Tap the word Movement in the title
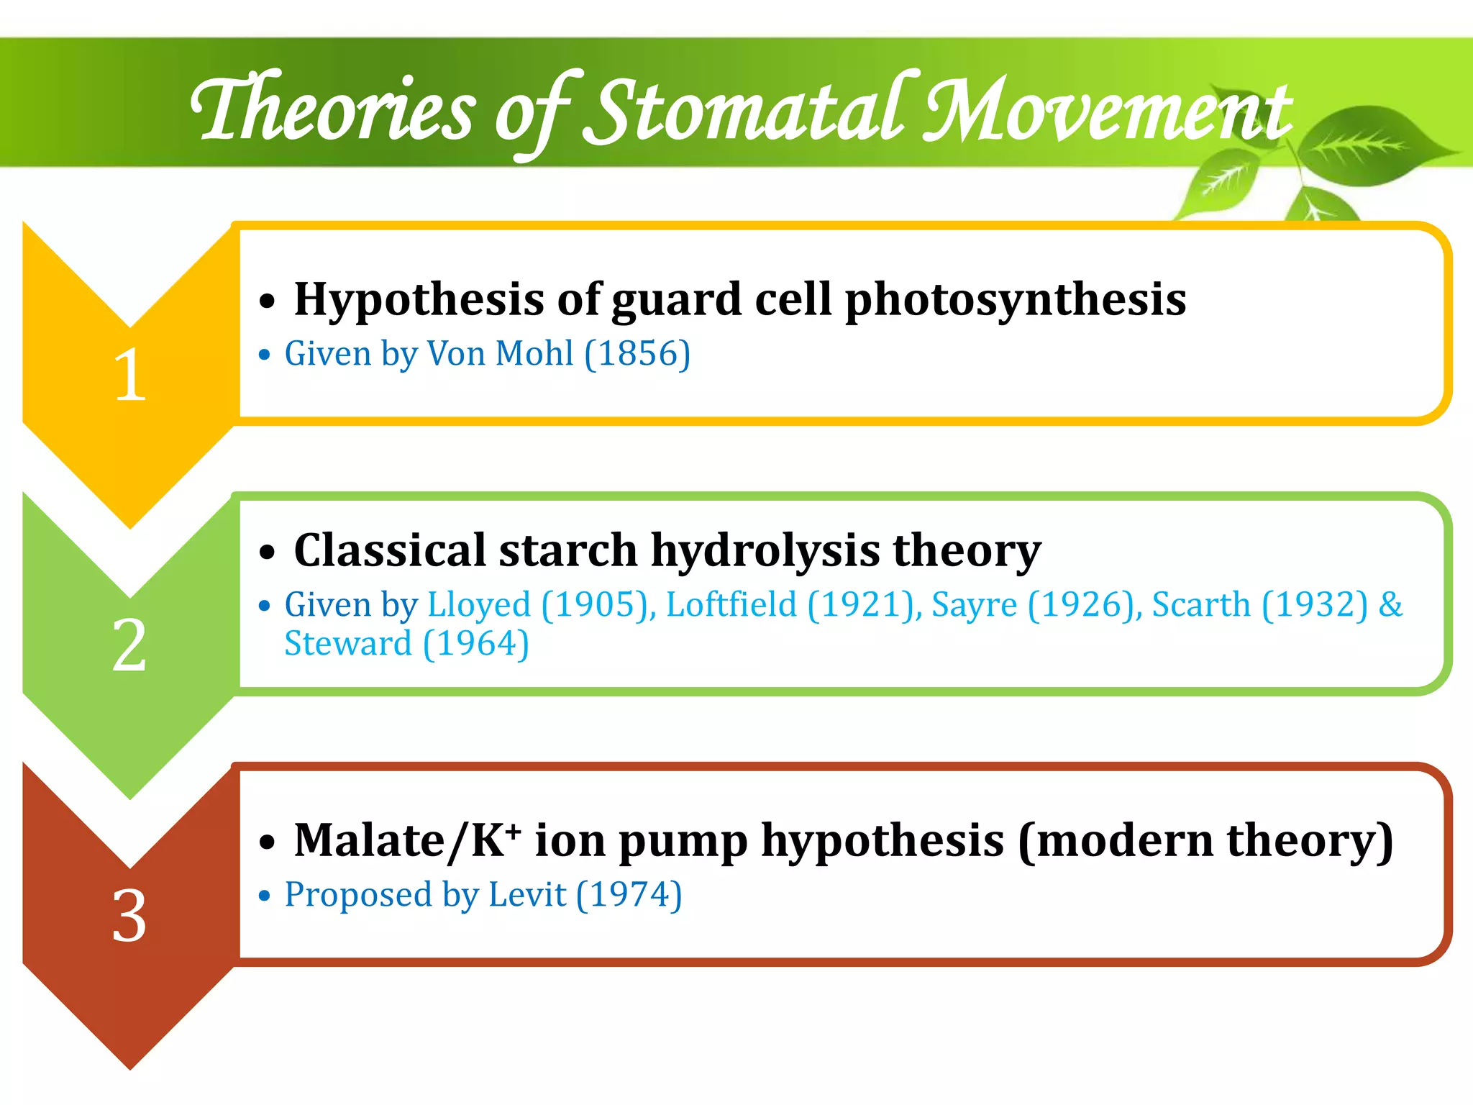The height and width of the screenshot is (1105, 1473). (1108, 112)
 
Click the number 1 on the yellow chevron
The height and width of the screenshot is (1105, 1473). (130, 375)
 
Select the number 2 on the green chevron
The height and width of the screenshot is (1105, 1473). (129, 645)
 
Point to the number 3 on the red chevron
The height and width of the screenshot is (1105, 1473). (129, 916)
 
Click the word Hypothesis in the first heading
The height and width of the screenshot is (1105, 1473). (419, 300)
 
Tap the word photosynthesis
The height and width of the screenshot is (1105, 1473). (1015, 300)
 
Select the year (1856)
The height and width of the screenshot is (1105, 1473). (637, 354)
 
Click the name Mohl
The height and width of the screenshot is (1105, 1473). (535, 354)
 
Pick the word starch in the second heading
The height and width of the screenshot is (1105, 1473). (568, 551)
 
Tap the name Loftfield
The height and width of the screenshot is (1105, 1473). (731, 605)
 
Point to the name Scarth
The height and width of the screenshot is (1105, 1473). (1201, 605)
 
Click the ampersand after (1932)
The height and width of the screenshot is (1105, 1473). (1390, 604)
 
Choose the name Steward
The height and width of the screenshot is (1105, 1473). (348, 644)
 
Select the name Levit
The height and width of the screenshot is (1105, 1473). (527, 895)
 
